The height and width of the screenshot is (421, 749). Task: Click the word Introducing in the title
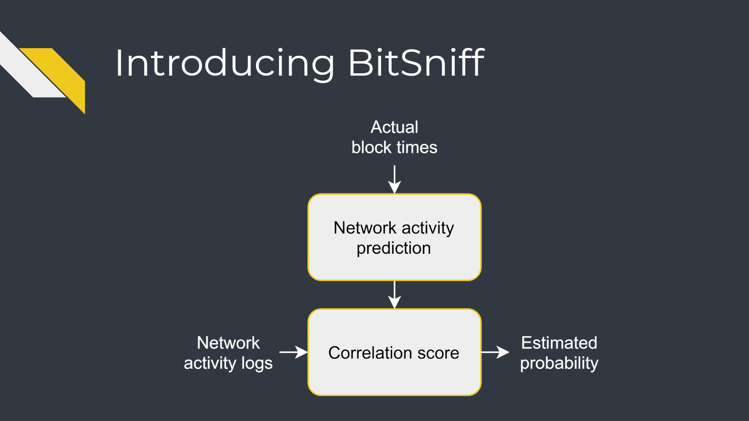pyautogui.click(x=225, y=64)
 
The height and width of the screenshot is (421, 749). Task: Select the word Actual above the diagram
pyautogui.click(x=394, y=127)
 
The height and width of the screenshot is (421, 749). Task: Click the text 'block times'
pyautogui.click(x=394, y=147)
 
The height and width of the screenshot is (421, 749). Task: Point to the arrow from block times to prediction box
pyautogui.click(x=395, y=179)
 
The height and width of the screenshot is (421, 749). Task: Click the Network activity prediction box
pyautogui.click(x=394, y=237)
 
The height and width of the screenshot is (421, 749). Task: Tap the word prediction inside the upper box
pyautogui.click(x=394, y=248)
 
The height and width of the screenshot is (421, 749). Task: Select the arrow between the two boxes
pyautogui.click(x=395, y=295)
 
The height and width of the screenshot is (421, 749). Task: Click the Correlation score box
pyautogui.click(x=394, y=352)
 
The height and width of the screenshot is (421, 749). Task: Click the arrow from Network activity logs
pyautogui.click(x=293, y=352)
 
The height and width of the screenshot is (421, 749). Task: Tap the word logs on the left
pyautogui.click(x=257, y=364)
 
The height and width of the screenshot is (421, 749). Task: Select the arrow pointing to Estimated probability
pyautogui.click(x=495, y=352)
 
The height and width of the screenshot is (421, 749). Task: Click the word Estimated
pyautogui.click(x=559, y=343)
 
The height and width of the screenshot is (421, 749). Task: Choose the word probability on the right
pyautogui.click(x=559, y=364)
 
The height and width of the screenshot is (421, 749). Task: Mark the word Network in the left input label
pyautogui.click(x=228, y=343)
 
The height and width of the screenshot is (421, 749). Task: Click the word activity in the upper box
pyautogui.click(x=428, y=228)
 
